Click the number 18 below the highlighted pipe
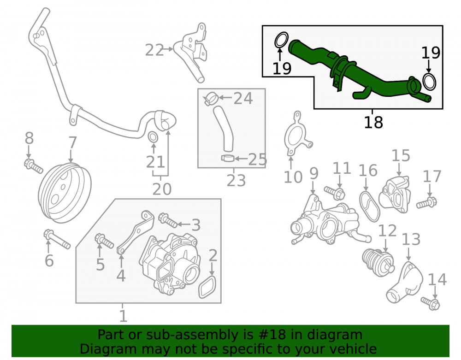[373, 122]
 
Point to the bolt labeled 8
[33, 166]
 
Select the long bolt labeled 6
[56, 239]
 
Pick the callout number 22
[154, 50]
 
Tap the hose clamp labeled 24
[211, 99]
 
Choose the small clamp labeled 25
[228, 159]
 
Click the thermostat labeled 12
[378, 262]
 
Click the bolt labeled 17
[426, 202]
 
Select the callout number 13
[411, 240]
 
